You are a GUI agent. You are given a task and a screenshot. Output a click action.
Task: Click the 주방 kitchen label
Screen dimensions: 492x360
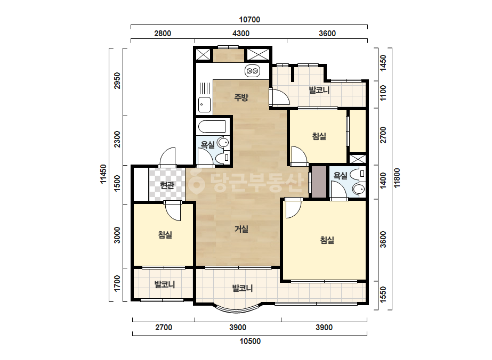pyautogui.click(x=241, y=97)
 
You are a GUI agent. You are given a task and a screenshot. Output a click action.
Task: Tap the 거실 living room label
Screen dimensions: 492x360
pyautogui.click(x=241, y=229)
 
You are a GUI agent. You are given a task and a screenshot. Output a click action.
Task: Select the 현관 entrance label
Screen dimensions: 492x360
pyautogui.click(x=167, y=185)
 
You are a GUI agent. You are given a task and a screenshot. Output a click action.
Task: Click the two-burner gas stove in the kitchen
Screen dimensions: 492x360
pyautogui.click(x=252, y=71)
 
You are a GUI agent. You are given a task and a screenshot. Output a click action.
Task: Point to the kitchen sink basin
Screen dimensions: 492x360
pyautogui.click(x=204, y=104)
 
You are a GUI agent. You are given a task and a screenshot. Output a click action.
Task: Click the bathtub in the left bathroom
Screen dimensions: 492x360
pyautogui.click(x=212, y=126)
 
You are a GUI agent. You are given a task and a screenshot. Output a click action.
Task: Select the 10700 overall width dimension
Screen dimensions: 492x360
pyautogui.click(x=249, y=20)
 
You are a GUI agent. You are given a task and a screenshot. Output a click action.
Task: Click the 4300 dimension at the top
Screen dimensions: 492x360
pyautogui.click(x=241, y=34)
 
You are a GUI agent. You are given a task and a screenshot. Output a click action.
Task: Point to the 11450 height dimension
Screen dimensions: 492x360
pyautogui.click(x=103, y=174)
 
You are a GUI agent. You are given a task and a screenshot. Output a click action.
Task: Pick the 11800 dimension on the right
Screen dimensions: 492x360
pyautogui.click(x=397, y=178)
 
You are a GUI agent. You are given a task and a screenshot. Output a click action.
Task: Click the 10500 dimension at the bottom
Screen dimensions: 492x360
pyautogui.click(x=250, y=341)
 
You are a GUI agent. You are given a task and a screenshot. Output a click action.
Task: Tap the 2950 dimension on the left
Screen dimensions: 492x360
pyautogui.click(x=117, y=80)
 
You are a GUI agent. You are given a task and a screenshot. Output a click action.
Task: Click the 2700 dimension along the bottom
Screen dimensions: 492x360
pyautogui.click(x=164, y=328)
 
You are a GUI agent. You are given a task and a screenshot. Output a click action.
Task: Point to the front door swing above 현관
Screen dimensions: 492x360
pyautogui.click(x=167, y=157)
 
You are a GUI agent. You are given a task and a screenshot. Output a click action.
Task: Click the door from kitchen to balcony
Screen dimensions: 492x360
pyautogui.click(x=278, y=97)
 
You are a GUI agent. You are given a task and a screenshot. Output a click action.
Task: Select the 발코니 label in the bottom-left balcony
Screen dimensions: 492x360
pyautogui.click(x=164, y=284)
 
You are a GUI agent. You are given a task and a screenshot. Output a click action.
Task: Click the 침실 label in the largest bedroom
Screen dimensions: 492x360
pyautogui.click(x=327, y=240)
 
